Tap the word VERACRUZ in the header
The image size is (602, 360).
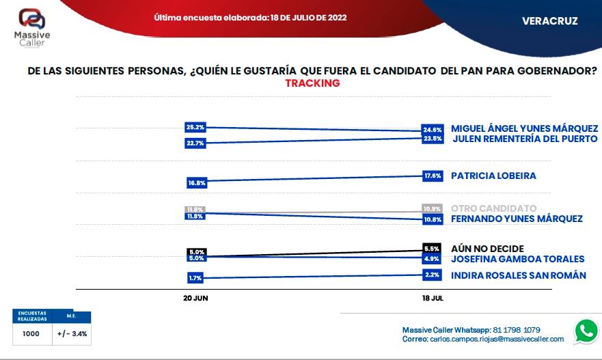coord(549,21)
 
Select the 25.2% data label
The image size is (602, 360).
coord(195,127)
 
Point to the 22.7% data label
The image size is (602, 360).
coord(195,143)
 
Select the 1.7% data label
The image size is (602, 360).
coord(195,278)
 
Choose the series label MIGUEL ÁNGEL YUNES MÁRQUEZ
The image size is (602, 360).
coord(524,128)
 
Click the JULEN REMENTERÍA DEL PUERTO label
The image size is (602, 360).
coord(525,139)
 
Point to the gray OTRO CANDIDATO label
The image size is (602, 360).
coord(493,208)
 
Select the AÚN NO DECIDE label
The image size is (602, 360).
coord(487,249)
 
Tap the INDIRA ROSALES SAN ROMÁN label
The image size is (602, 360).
coord(518,275)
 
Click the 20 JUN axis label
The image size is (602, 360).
coord(195,299)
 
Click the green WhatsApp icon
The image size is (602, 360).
coord(586,331)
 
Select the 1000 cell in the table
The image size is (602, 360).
coord(30,334)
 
